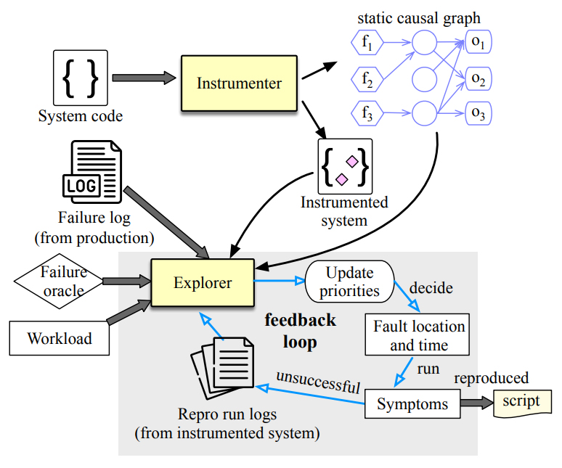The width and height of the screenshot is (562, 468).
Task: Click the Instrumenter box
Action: [x=239, y=83]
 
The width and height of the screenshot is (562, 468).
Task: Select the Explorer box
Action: [x=202, y=283]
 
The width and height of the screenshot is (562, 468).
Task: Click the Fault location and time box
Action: [x=415, y=335]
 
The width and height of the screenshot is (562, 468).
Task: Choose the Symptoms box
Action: [x=412, y=404]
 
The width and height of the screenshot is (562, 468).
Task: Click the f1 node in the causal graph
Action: [x=367, y=44]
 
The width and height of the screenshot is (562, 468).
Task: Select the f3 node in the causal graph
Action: [x=367, y=112]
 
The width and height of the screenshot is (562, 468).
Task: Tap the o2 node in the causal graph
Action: [x=478, y=78]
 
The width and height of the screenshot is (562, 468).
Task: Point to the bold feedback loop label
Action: [x=300, y=331]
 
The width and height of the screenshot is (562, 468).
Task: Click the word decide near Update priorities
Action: [x=431, y=288]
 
